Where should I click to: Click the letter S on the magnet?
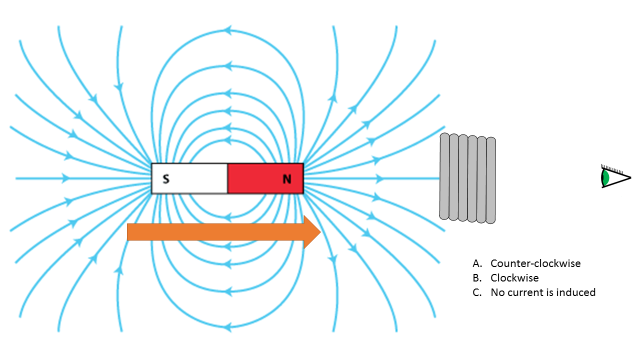coord(166,179)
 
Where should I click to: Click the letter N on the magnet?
coord(287,179)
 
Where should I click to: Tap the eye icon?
coord(615,177)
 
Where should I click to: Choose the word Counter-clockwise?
coord(535,263)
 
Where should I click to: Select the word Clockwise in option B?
coord(514,278)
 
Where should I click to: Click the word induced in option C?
coord(575,292)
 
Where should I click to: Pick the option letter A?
coord(476,263)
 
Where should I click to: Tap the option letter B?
coord(476,278)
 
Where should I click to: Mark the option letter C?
coord(476,292)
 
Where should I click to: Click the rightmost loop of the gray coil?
coord(490,180)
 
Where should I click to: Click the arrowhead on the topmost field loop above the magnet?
coord(228,30)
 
